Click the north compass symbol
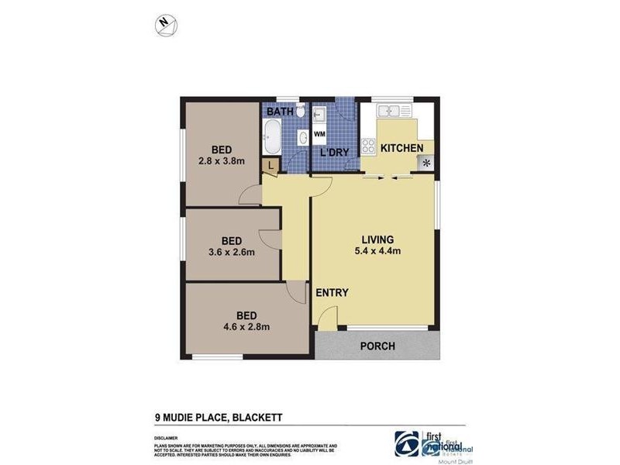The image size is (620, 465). click(165, 25)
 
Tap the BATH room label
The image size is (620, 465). click(280, 112)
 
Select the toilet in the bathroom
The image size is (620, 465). click(301, 112)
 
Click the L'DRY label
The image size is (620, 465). click(334, 153)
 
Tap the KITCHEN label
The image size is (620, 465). click(401, 148)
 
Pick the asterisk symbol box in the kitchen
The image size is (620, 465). click(425, 162)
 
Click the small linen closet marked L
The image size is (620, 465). click(269, 165)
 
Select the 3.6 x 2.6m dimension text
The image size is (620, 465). click(231, 252)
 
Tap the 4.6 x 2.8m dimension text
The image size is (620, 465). click(246, 326)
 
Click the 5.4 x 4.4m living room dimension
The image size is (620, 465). click(379, 250)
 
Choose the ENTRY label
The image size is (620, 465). click(332, 293)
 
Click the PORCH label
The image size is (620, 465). click(378, 346)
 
